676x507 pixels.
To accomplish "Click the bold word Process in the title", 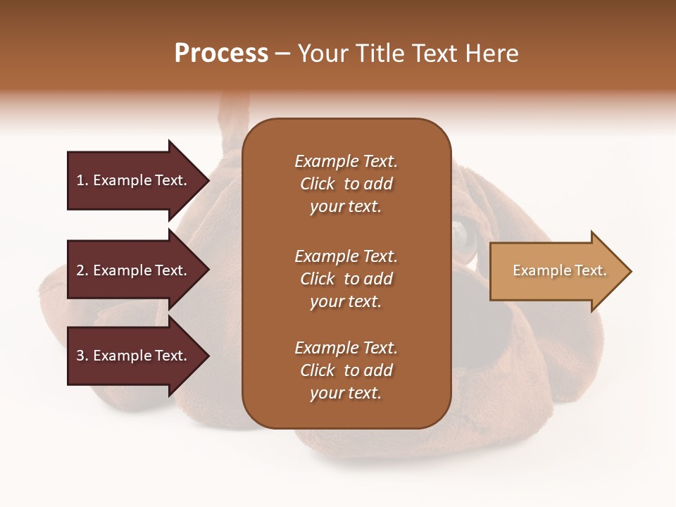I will click(221, 53).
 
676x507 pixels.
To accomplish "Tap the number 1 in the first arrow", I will click(80, 180).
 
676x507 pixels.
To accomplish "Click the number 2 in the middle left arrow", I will click(80, 270).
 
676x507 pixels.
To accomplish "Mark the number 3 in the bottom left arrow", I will click(80, 356).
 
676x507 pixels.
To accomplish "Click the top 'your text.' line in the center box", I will click(346, 207).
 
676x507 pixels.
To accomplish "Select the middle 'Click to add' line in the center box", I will click(346, 279).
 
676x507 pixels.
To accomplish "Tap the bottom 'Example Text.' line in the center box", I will click(346, 348).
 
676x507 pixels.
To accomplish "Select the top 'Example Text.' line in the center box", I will click(346, 161).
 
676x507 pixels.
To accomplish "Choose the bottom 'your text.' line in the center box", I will click(346, 394).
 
